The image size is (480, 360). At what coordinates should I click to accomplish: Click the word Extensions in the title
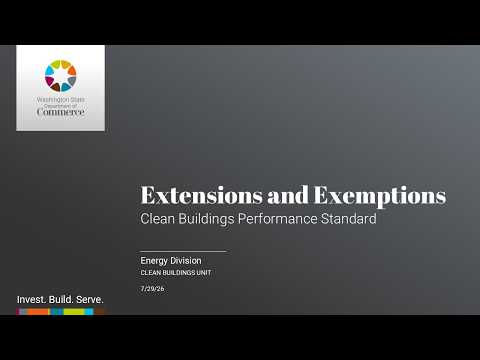pos(202,195)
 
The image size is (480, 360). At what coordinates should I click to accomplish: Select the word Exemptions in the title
pos(380,197)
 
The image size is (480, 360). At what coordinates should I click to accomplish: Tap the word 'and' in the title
pos(288,195)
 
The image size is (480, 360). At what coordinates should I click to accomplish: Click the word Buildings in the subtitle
pos(206,219)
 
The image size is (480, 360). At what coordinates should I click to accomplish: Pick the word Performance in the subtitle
pos(277,219)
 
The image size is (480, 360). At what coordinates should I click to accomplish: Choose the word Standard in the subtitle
pos(349,219)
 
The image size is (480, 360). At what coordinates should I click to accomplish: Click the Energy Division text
pos(171,261)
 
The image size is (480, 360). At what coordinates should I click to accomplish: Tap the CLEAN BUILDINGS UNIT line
pos(176,273)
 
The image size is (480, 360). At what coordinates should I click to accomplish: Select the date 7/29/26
pos(152,289)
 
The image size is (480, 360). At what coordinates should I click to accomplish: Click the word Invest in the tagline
pos(32,300)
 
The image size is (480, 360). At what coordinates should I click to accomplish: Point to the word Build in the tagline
pos(61,300)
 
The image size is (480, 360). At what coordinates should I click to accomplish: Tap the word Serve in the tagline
pos(90,300)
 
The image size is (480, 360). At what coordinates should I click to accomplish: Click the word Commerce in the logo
pos(60,112)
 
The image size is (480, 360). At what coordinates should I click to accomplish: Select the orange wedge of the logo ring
pos(72,70)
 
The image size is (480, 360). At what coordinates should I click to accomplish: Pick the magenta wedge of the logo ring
pos(49,81)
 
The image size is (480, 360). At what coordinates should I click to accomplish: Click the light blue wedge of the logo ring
pos(49,70)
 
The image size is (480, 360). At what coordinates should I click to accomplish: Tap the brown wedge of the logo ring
pos(55,87)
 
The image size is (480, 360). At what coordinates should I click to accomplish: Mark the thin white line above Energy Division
pos(183,251)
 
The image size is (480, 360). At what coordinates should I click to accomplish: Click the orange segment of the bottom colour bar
pos(38,312)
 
